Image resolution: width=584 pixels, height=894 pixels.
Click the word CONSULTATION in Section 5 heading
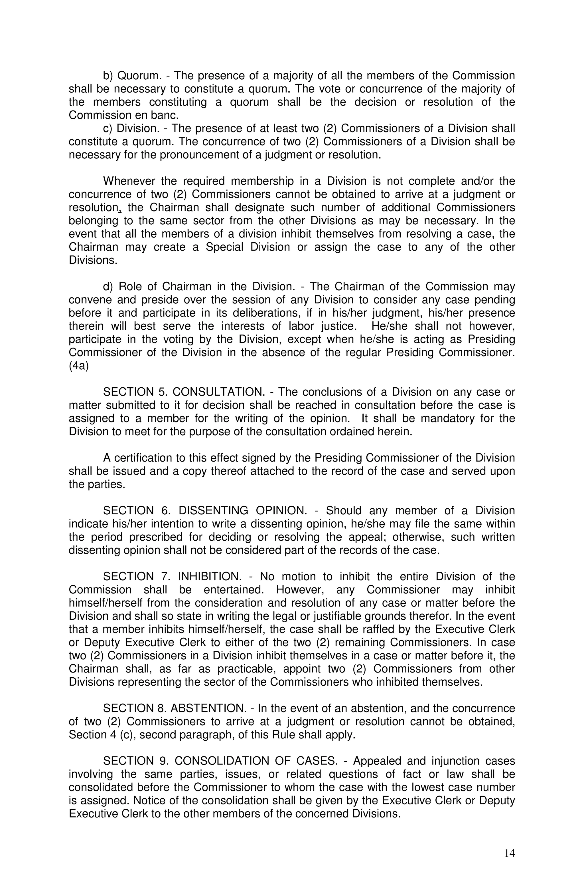point(218,392)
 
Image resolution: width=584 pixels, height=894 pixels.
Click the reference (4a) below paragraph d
point(78,366)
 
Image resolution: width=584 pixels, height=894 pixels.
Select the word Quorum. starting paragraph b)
point(140,76)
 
